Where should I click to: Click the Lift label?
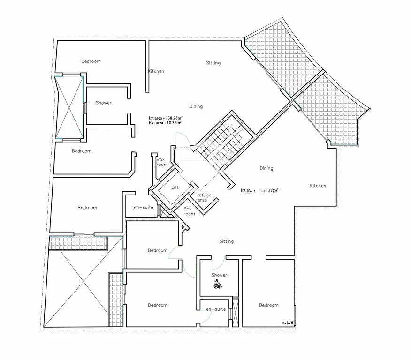175,187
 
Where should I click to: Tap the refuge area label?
204,197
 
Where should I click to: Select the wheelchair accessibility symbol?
218,284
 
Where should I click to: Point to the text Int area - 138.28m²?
166,118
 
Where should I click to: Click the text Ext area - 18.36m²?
165,123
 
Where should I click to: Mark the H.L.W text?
288,322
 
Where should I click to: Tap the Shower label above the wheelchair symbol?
219,275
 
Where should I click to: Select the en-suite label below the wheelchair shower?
216,309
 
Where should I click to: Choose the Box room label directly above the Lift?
162,162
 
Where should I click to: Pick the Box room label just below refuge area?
189,211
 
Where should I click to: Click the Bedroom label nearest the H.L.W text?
269,305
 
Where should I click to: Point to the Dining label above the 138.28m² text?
196,106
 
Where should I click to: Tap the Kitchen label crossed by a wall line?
156,71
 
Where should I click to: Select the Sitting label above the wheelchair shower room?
226,241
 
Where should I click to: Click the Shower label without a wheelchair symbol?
104,103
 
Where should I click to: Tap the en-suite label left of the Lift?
144,207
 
